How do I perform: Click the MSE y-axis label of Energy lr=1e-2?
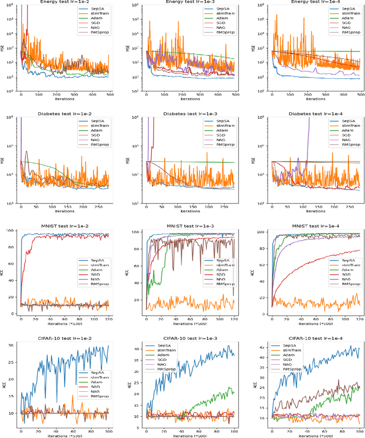point(5,47)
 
